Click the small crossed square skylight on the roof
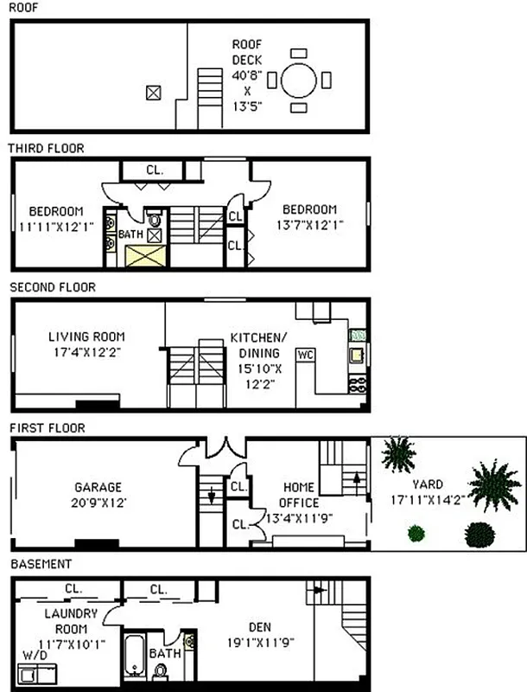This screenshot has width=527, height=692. coord(154,92)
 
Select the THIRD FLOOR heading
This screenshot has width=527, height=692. coord(47,149)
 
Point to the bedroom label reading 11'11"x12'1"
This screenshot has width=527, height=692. coord(56,218)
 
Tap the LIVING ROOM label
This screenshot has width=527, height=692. coord(86,344)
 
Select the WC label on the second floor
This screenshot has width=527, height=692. coord(305,355)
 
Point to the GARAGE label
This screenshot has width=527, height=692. coord(98,494)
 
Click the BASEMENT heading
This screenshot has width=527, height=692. coord(41,564)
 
